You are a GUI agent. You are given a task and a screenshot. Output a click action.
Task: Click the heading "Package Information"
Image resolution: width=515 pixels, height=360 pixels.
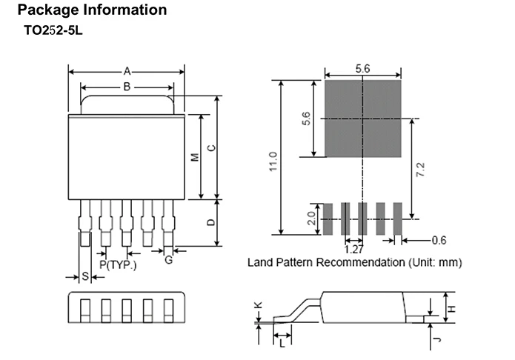point(93,10)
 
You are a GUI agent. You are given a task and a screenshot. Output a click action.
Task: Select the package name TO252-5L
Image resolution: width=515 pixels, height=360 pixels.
point(53,30)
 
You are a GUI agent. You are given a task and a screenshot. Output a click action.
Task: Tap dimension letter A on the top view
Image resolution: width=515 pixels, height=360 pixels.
point(127,71)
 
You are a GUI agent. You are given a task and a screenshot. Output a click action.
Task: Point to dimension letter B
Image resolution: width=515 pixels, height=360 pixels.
point(127,87)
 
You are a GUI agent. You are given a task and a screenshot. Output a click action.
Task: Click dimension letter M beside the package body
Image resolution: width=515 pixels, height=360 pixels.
point(195,157)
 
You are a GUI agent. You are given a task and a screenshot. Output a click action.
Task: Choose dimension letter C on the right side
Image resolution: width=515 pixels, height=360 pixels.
point(212,148)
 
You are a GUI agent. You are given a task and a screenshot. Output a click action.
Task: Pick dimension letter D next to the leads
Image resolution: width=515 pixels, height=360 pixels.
point(211,222)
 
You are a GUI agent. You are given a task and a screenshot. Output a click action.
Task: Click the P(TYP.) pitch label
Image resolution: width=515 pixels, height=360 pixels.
point(118,264)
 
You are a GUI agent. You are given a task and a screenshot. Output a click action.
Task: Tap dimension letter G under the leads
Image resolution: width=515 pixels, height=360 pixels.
point(168,260)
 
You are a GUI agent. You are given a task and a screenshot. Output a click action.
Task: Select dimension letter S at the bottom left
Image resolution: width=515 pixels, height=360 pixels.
point(85,276)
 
